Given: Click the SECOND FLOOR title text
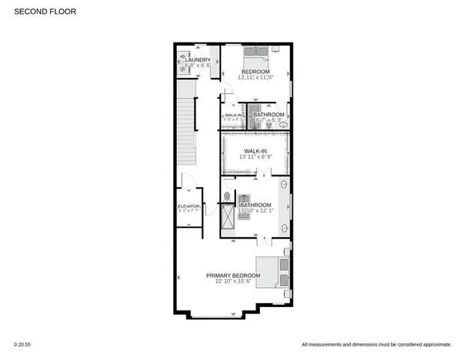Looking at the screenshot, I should coord(45,12).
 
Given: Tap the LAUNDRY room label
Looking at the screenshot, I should coord(198,60).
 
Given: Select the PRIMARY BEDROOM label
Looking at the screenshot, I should coord(233,275).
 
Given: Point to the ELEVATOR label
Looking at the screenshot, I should coord(188,206).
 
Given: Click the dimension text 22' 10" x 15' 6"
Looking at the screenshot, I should coord(233,282).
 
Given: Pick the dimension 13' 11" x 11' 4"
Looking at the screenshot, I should coord(255,78).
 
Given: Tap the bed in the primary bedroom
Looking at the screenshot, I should coord(270,271).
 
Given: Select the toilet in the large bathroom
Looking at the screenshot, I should coord(227,197).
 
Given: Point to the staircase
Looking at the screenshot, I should coord(185,127).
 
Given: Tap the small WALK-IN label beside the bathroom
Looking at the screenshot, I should coord(232,115).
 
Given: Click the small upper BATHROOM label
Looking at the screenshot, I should coord(269,115).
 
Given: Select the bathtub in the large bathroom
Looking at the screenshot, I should coord(284,206).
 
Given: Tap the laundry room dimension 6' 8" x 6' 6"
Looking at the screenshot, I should coord(197,67).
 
